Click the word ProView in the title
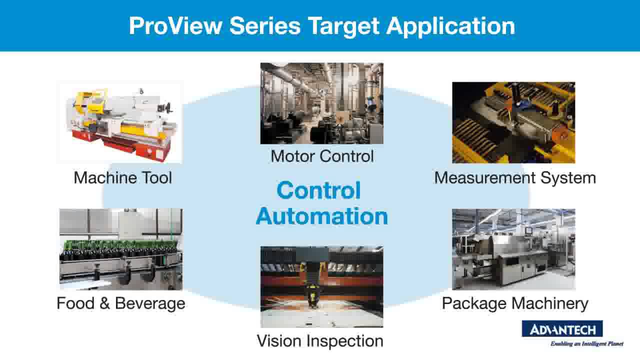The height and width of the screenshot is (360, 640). pos(175,26)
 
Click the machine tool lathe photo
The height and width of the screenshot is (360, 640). pos(120,122)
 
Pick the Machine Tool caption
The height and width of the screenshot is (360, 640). pos(122,177)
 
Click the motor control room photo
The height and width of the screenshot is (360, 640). pos(321,103)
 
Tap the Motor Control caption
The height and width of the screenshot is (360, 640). pos(322,156)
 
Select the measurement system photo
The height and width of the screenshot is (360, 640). pos(513,122)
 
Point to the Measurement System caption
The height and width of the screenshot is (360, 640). pos(515,177)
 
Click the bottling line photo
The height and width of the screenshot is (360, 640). pos(120,249)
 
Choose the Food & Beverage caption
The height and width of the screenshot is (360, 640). pos(120,303)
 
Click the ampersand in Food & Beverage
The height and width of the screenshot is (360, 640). pos(105,303)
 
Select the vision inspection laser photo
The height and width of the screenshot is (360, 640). pos(321,286)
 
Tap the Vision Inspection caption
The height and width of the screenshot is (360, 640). pos(320,341)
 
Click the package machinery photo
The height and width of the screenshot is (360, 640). pos(513,249)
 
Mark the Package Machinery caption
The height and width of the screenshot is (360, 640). pos(515,303)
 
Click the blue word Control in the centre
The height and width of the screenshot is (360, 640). pos(318,190)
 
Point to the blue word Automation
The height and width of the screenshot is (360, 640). pos(321,216)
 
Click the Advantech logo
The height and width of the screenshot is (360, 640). pos(562,329)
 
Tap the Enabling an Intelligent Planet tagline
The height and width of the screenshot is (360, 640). pos(586,344)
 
